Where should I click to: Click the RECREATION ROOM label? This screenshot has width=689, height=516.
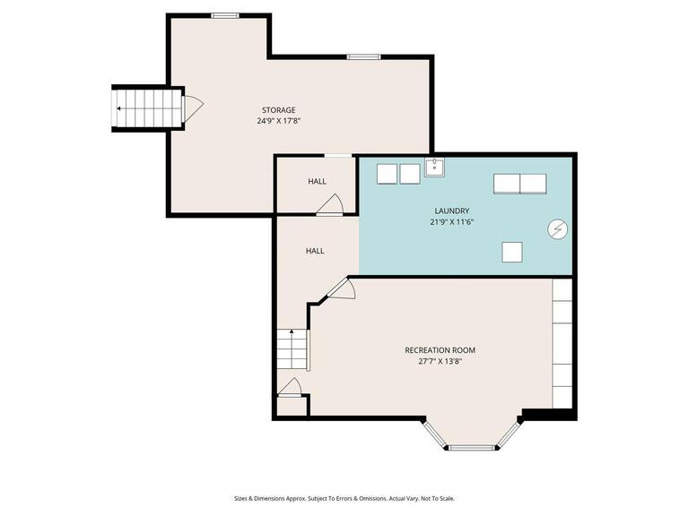click(x=440, y=350)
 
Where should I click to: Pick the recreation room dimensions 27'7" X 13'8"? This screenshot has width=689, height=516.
click(x=440, y=362)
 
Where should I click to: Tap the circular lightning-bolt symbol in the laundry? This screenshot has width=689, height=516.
click(x=556, y=229)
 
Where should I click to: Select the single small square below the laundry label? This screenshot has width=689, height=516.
click(x=512, y=252)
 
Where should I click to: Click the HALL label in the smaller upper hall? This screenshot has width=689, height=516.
click(x=317, y=181)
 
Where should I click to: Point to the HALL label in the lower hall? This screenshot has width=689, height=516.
click(x=315, y=251)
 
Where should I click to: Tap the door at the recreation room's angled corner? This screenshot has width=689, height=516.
click(x=342, y=288)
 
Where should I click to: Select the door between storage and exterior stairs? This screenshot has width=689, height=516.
click(x=192, y=108)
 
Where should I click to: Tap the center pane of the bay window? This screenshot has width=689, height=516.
click(x=472, y=447)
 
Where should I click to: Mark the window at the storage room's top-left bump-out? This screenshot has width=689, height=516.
click(x=224, y=15)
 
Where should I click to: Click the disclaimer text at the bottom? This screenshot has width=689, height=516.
click(x=344, y=498)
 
